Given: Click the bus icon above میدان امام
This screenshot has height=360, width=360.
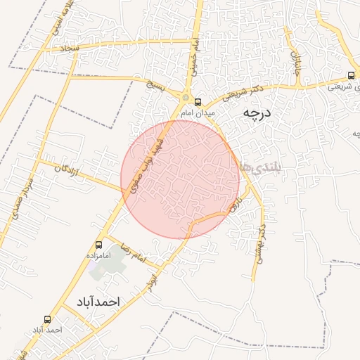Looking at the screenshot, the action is coord(198,101).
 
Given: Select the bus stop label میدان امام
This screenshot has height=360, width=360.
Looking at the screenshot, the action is coord(196,112).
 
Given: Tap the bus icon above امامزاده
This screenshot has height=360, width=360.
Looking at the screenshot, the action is coord(98,245).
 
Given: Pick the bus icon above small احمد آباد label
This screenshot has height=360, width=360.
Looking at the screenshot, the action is coord(47,318).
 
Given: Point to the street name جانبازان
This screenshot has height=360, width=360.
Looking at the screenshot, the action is coord(296,64).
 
